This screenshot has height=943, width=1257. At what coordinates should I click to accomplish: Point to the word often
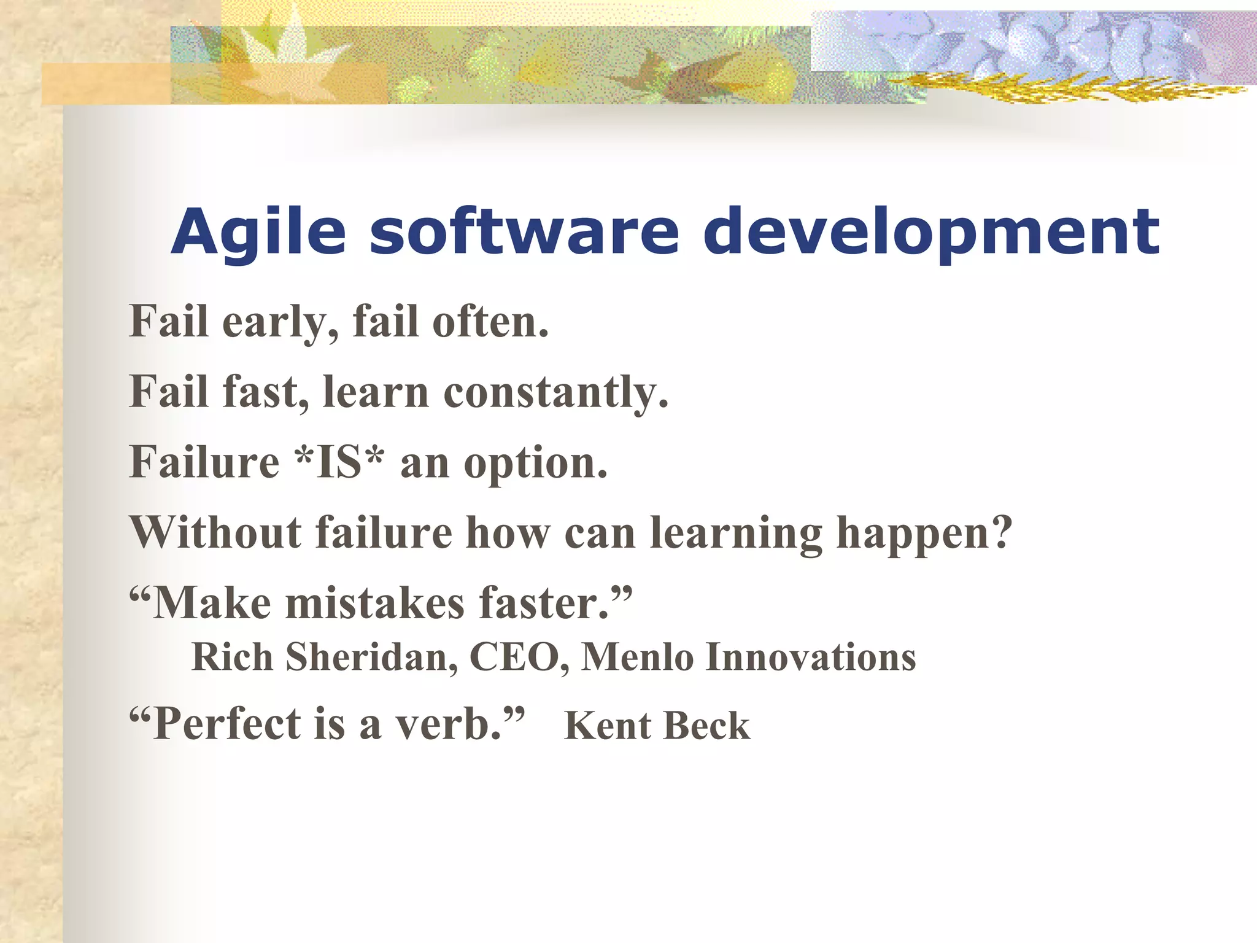490,322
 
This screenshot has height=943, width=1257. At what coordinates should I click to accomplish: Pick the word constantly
555,393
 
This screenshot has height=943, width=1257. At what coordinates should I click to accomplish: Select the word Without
215,532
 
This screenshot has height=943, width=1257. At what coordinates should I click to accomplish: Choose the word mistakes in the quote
375,603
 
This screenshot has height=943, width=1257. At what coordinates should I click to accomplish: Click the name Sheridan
371,658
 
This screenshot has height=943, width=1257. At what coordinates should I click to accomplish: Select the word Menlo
637,658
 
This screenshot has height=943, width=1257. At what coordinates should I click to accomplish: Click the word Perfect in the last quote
226,724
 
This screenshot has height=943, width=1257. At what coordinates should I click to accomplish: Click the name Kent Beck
657,726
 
